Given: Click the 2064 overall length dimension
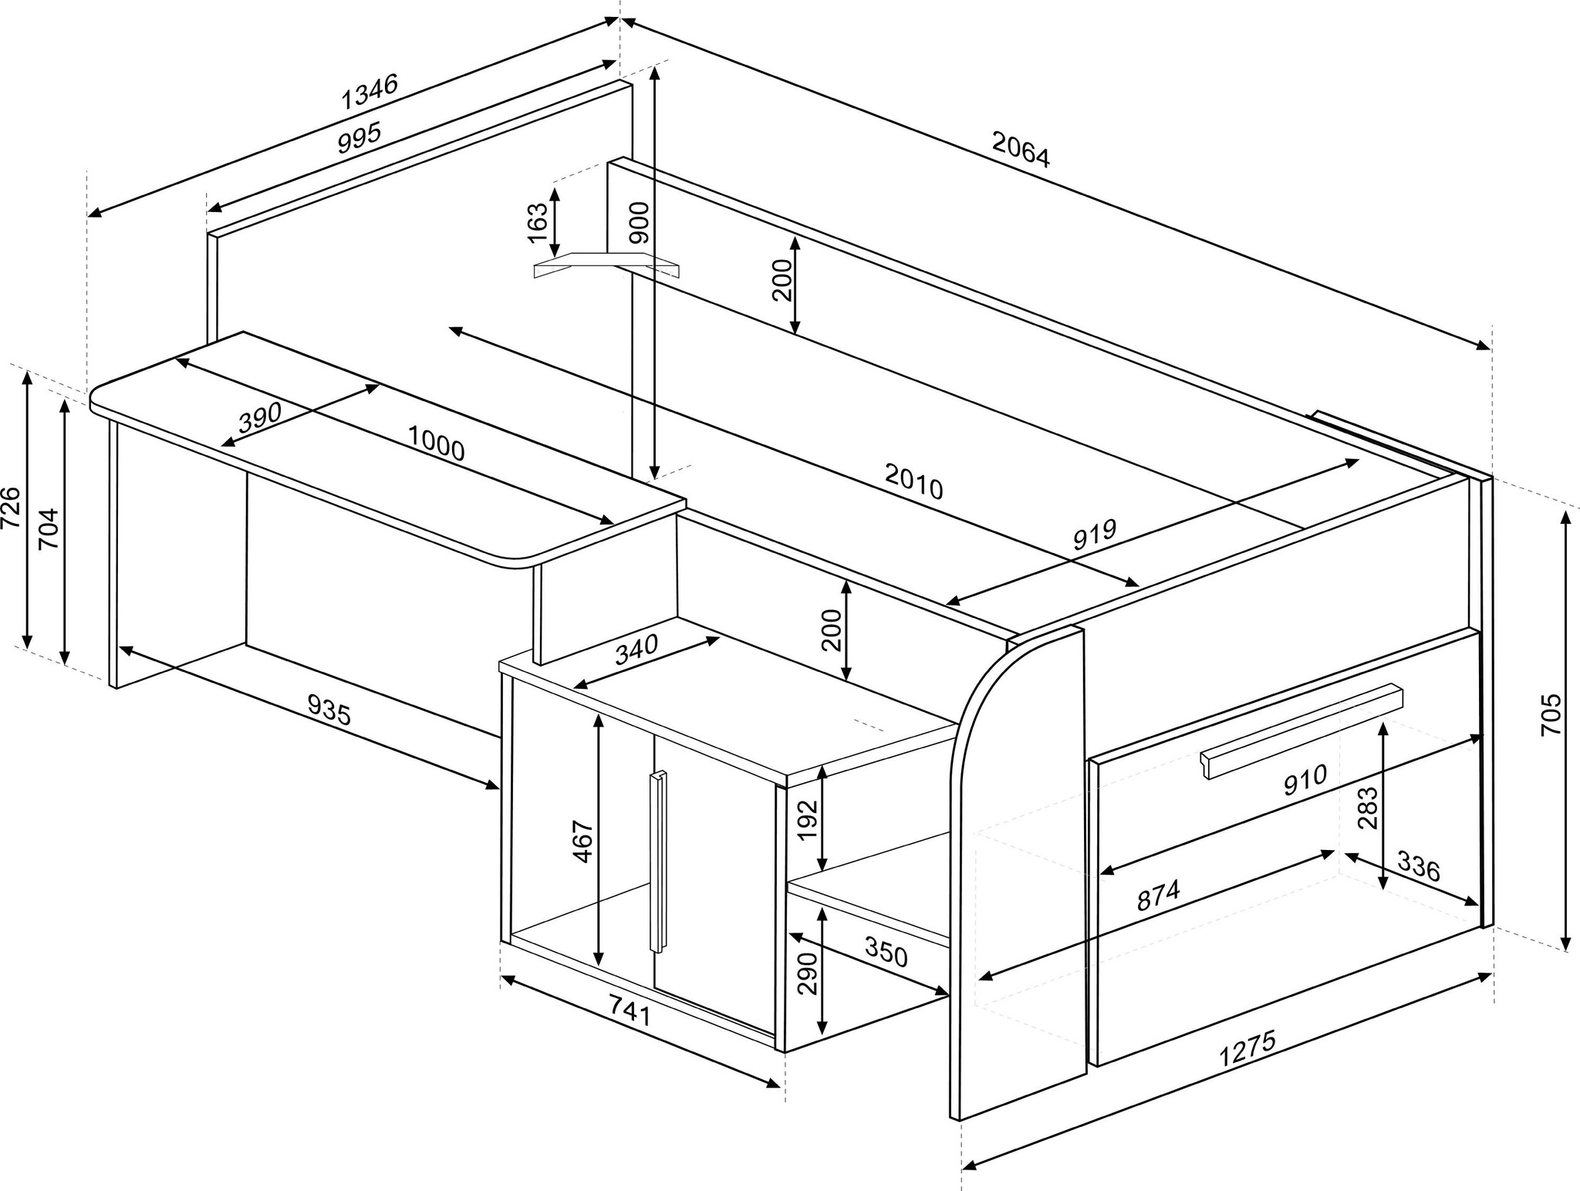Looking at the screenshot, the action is [1021, 150].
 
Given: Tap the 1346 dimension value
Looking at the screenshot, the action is [370, 91].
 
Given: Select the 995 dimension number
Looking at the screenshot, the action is [360, 138].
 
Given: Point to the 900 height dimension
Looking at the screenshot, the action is [639, 222].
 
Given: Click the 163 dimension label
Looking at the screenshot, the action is [537, 222].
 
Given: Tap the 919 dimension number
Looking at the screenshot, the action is [1095, 535].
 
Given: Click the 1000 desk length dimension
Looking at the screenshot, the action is [436, 443].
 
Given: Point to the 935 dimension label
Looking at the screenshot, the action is [329, 710].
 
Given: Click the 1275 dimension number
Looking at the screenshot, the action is [1247, 1048].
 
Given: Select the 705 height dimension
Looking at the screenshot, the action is [1550, 714].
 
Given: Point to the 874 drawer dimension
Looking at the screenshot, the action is [1158, 896].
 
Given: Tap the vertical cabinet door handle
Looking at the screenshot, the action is [657, 861].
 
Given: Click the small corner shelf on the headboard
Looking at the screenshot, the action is [607, 264].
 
